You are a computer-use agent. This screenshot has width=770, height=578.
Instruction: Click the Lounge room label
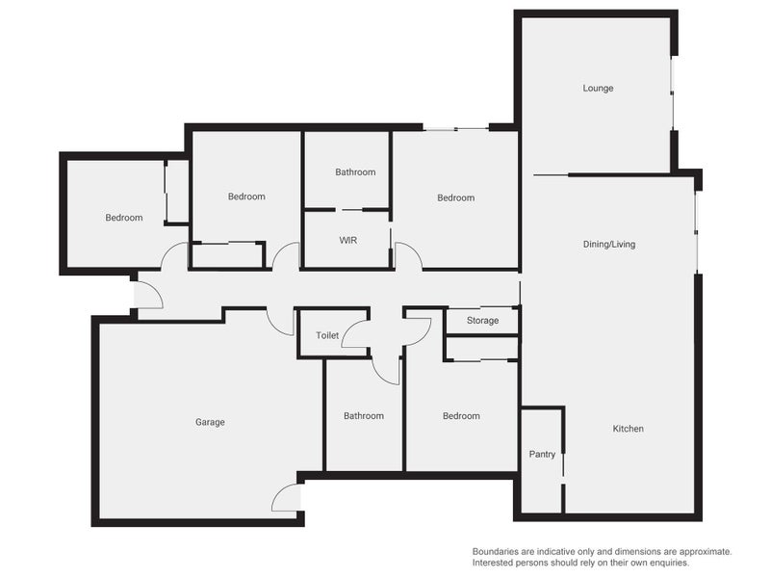coord(598,89)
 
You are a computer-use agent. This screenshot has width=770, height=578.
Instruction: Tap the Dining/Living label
coord(609,245)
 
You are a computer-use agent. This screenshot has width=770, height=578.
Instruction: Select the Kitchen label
coord(628,429)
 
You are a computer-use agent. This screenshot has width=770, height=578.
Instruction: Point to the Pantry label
coord(542,454)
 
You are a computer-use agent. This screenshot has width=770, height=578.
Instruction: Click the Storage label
coord(482,321)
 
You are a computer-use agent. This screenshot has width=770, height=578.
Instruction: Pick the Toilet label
coord(327,335)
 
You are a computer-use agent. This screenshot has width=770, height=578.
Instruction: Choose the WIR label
coord(347,240)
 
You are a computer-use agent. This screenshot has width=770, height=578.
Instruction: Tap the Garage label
coord(210,422)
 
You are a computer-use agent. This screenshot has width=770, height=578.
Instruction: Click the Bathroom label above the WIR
coord(355,172)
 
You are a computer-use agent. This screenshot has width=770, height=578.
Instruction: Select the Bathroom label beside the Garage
coord(364,416)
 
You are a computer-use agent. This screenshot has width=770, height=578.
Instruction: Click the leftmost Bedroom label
coord(124,218)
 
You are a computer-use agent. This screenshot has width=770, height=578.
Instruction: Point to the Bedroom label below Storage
coord(461,416)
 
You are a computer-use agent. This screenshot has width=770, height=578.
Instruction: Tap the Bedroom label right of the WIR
coord(455,197)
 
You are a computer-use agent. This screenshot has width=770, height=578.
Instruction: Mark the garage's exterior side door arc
coord(279,493)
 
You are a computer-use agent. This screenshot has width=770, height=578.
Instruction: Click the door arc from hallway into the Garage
coord(275,327)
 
